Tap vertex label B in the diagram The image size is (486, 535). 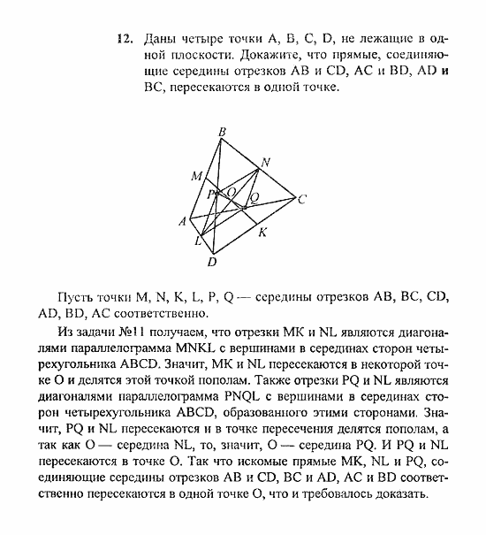(222, 134)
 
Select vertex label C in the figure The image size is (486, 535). (301, 199)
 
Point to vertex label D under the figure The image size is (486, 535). (212, 262)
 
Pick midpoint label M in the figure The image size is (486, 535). (196, 176)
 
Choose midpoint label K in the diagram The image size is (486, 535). (262, 233)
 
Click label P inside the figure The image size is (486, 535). (212, 195)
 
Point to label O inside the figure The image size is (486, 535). (232, 192)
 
